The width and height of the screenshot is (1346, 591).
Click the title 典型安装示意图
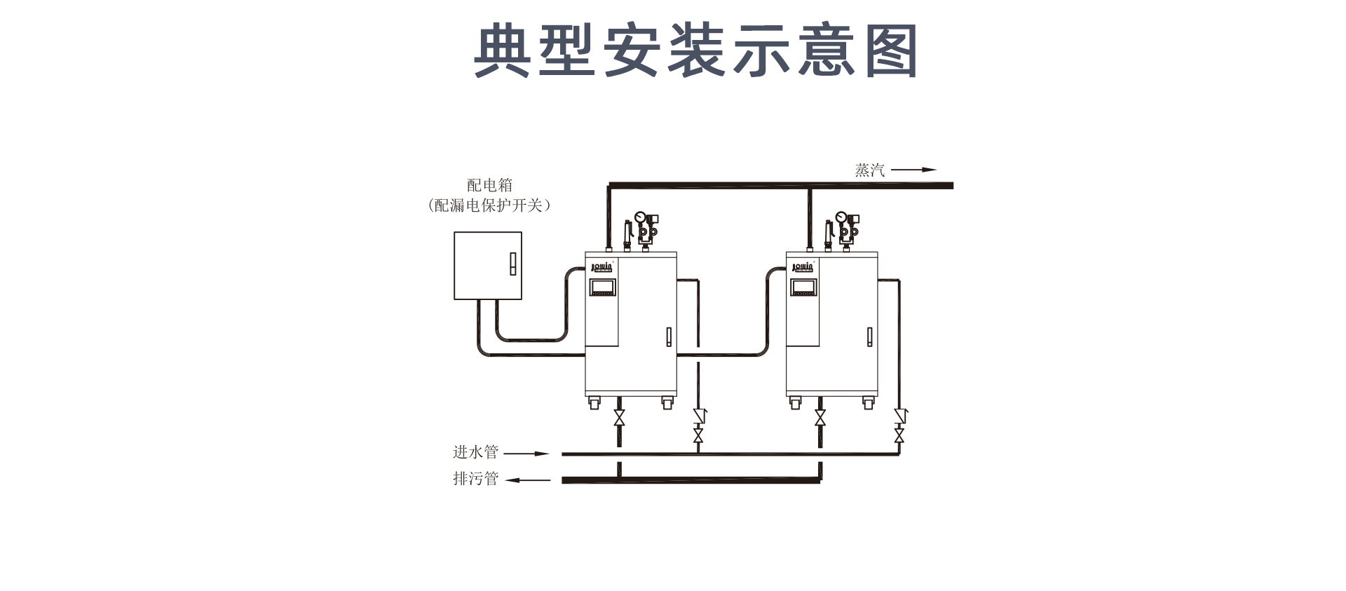(695, 50)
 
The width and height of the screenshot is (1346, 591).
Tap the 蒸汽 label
(869, 170)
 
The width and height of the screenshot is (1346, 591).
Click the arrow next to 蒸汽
(913, 170)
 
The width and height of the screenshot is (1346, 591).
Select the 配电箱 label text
(490, 185)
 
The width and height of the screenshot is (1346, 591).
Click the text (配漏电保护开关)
(489, 205)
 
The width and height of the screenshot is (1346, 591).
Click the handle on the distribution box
(511, 264)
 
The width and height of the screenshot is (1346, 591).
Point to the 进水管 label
(475, 452)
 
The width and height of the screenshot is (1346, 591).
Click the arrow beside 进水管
(526, 454)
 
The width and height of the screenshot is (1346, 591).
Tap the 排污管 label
(475, 479)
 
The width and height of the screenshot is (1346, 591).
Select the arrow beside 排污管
(528, 480)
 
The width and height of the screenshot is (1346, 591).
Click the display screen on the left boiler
(602, 287)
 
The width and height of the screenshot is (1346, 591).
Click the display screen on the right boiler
(803, 287)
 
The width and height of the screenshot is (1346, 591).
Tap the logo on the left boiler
(601, 267)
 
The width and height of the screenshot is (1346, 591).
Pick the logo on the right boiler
(803, 267)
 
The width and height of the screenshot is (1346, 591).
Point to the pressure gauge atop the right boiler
(841, 217)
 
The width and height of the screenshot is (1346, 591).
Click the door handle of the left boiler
(669, 337)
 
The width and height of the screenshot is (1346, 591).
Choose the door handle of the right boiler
(870, 337)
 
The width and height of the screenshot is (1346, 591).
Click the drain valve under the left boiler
(619, 419)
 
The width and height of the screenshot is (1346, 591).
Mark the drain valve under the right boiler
(820, 419)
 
